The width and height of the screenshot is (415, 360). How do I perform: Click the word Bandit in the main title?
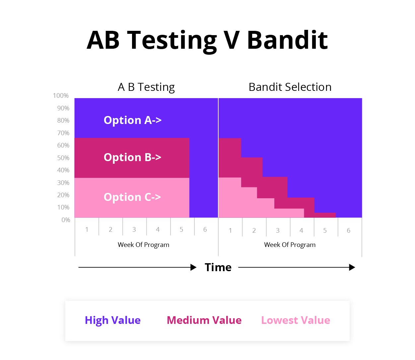coord(287,40)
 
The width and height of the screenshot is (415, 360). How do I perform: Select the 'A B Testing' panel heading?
coord(146,87)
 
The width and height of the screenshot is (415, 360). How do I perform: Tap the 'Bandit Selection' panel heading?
coord(290,87)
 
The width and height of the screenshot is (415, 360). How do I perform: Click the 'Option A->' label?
coord(132,120)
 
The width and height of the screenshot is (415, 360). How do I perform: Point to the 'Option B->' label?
coord(132,157)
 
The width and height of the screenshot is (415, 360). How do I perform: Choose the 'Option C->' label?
coord(132,197)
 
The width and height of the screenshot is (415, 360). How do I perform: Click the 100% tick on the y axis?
coord(61,95)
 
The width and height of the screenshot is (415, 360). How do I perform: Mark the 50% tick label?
coord(63,158)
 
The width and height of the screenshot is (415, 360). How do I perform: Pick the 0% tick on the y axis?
coord(66,220)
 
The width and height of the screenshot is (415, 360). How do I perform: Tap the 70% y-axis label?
coord(63,133)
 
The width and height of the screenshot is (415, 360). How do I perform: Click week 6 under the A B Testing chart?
coord(205,229)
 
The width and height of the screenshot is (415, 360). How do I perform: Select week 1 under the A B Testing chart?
coord(87,229)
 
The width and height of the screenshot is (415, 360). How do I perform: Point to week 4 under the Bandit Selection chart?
coord(302,230)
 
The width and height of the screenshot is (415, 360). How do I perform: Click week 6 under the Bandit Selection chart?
coord(348,230)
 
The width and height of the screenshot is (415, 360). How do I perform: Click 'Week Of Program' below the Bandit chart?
coord(290,245)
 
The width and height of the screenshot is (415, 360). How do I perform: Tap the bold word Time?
coord(218,267)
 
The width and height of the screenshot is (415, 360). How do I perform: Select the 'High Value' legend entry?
coord(113,321)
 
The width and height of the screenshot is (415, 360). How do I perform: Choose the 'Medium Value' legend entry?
coord(204,320)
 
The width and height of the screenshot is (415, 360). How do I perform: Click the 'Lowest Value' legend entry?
coord(296,320)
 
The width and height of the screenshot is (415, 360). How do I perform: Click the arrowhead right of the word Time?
coord(352,268)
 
